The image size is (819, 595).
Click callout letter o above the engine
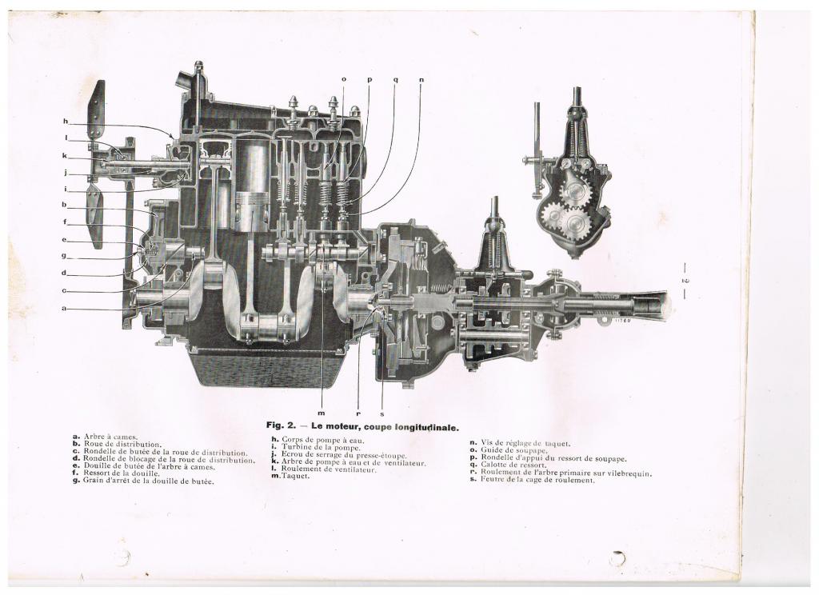click(x=344, y=80)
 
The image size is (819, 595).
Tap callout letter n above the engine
click(x=421, y=80)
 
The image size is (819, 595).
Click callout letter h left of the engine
click(x=66, y=122)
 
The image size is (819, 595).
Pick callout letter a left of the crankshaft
click(x=64, y=309)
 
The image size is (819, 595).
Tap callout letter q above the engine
click(x=395, y=81)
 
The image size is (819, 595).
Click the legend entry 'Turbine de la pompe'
click(x=315, y=448)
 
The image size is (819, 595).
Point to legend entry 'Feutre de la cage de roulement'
click(x=532, y=480)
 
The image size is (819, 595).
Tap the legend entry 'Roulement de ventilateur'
click(x=324, y=469)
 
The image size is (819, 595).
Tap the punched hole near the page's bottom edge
click(x=618, y=559)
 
